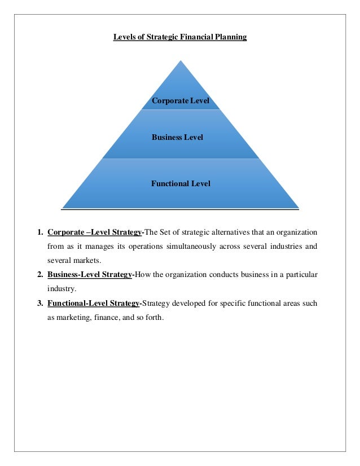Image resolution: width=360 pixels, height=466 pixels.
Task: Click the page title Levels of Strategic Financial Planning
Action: point(180,37)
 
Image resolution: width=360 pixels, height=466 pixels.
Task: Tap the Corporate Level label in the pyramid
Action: point(181,101)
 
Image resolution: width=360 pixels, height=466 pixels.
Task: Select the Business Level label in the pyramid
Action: point(178,137)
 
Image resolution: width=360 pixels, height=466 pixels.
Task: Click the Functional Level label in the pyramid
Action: point(181,183)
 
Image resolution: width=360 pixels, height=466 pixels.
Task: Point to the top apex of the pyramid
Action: point(181,60)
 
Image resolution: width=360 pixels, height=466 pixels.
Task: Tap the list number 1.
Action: point(39,232)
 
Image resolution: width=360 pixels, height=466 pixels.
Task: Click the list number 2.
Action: point(39,275)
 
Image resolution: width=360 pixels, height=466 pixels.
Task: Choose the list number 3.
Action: point(39,304)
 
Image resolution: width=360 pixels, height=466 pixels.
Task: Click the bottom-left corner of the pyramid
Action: point(63,208)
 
